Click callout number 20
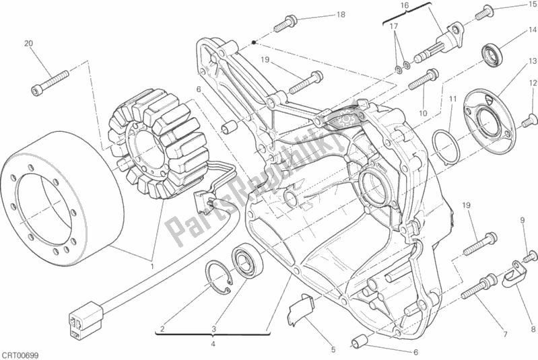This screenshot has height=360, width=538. [x=28, y=44]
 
